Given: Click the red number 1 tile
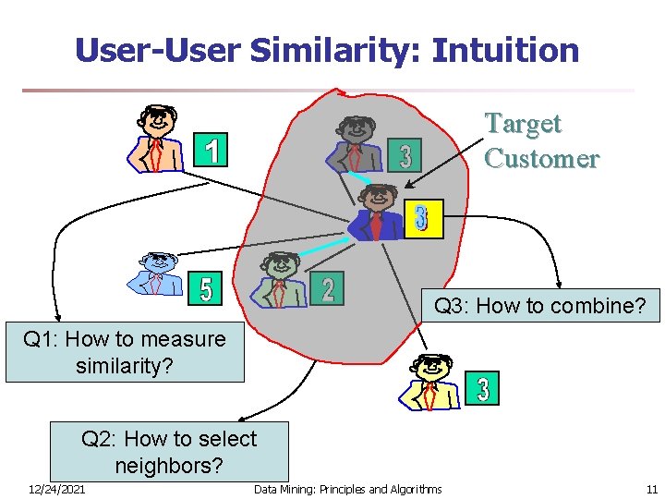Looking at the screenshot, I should coord(212,150).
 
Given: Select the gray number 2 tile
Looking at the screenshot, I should coord(327,288).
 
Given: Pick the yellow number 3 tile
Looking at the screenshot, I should coord(422,219).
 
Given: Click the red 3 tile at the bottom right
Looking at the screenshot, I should coord(482,388).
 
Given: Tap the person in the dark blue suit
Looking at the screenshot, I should coord(377,213).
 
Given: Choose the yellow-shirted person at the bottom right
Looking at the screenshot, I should coord(429,382).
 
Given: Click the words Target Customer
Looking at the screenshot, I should coord(540,140).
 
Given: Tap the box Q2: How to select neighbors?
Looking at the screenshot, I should coord(169,451).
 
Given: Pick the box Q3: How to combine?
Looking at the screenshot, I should coord(539,305).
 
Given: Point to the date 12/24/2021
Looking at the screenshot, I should coord(56,489).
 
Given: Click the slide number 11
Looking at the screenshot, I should coord(651,489).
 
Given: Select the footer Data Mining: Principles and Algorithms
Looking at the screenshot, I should coord(347,489).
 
